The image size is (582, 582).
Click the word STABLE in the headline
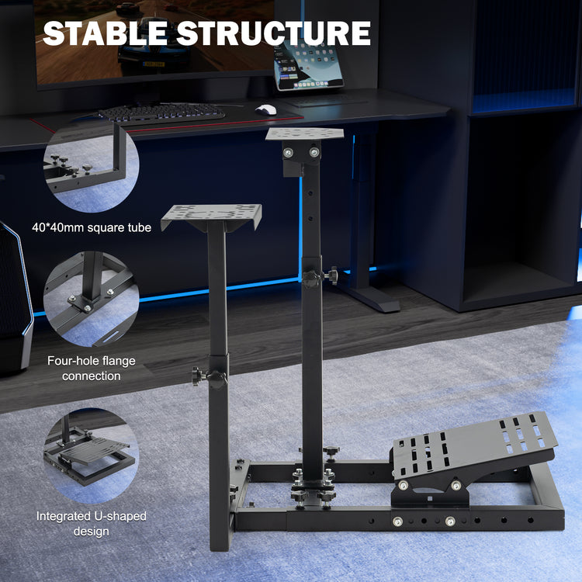coord(105,33)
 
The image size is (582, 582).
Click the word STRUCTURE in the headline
coord(274,33)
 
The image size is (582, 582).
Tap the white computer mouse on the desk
coord(266,109)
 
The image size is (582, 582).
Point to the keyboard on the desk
coord(161,113)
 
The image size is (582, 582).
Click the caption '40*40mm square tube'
coord(92,227)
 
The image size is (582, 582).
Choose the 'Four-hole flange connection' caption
coord(92,368)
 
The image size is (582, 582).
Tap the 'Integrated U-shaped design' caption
coord(92,523)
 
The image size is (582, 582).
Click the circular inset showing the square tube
coord(91,165)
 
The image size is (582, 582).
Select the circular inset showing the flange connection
coord(91,299)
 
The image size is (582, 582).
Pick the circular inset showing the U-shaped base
coord(91,456)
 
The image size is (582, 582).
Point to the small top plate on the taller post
coord(305,133)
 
